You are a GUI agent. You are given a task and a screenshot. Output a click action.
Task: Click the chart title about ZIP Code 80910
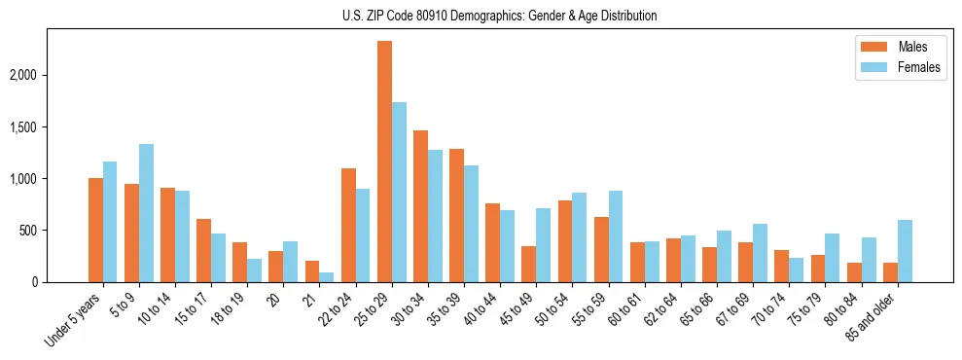coord(499,16)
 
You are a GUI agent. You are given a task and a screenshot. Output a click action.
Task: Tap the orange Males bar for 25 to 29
coord(384,162)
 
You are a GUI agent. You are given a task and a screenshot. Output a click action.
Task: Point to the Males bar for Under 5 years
coord(95,230)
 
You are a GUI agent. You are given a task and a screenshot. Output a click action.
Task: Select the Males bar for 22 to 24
coord(348,225)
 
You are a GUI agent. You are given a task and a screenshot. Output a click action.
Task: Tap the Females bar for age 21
coord(327,277)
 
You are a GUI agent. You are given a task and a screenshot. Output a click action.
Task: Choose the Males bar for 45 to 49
coord(529,264)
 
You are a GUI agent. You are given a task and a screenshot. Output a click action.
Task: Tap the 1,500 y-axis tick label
coord(46,127)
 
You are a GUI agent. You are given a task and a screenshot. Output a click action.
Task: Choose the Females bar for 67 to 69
coord(760,253)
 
